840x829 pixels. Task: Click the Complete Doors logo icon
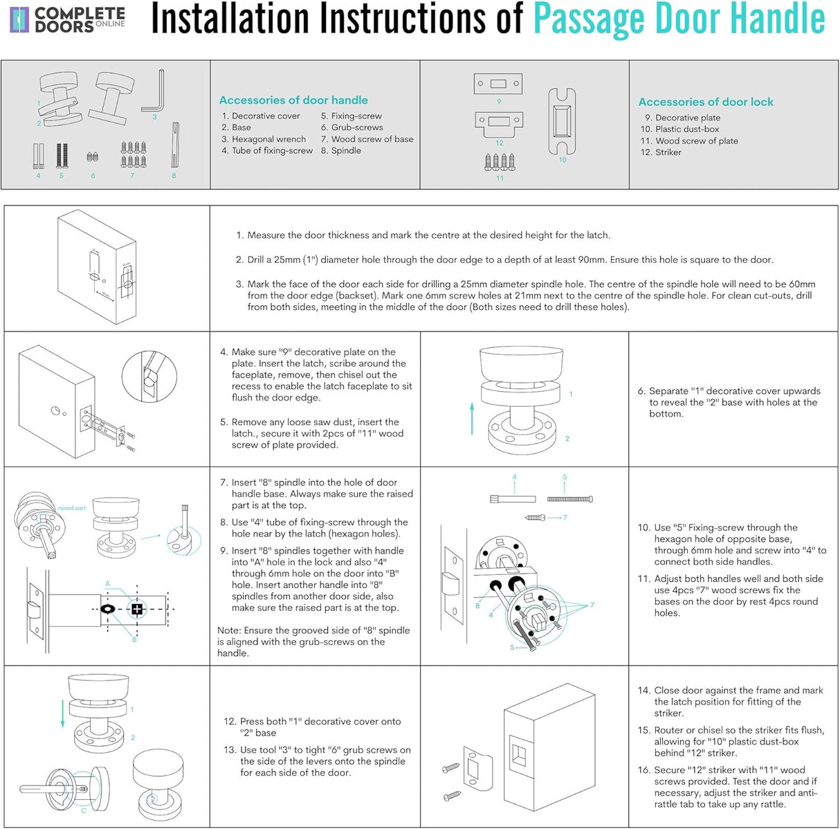pos(19,20)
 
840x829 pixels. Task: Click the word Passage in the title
pos(589,20)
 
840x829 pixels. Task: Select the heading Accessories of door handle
pos(293,100)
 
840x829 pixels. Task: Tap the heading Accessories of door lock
pos(706,102)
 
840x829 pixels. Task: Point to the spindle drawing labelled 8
pos(175,145)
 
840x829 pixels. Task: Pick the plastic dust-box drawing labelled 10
pos(562,121)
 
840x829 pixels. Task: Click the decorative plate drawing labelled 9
pos(497,84)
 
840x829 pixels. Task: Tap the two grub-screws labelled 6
pos(93,156)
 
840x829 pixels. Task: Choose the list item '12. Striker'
pos(661,153)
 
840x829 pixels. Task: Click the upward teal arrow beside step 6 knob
pos(472,419)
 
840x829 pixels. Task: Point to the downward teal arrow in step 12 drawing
pos(62,714)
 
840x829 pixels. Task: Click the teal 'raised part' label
pos(72,508)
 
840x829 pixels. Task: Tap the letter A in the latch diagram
pos(108,583)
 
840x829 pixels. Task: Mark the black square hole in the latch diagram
pos(137,609)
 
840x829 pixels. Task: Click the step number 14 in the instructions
pos(643,691)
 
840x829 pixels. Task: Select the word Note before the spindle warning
pos(228,630)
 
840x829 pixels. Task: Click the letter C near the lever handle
pos(84,811)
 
